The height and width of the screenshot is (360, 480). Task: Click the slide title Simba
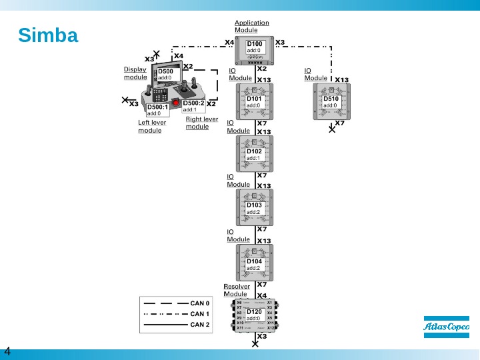point(48,35)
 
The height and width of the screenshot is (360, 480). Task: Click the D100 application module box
point(255,47)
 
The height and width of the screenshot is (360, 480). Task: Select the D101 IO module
point(255,102)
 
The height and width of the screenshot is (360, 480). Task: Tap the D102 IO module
point(255,155)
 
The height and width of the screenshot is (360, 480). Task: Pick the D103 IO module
point(255,208)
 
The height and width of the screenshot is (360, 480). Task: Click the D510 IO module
point(331,102)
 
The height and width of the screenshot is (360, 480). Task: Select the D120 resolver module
point(255,315)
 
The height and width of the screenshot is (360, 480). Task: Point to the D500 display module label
point(165,74)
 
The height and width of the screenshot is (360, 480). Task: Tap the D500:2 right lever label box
point(193,106)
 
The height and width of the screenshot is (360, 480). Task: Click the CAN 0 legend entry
point(200,303)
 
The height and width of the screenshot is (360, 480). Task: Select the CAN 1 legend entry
point(200,313)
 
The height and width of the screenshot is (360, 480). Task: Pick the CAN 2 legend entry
point(200,325)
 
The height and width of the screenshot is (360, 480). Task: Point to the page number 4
point(8,351)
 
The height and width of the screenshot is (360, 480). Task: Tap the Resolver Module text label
point(237,290)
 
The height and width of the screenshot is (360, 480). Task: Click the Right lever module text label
point(201,123)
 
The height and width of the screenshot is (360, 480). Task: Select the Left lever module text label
point(152,126)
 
